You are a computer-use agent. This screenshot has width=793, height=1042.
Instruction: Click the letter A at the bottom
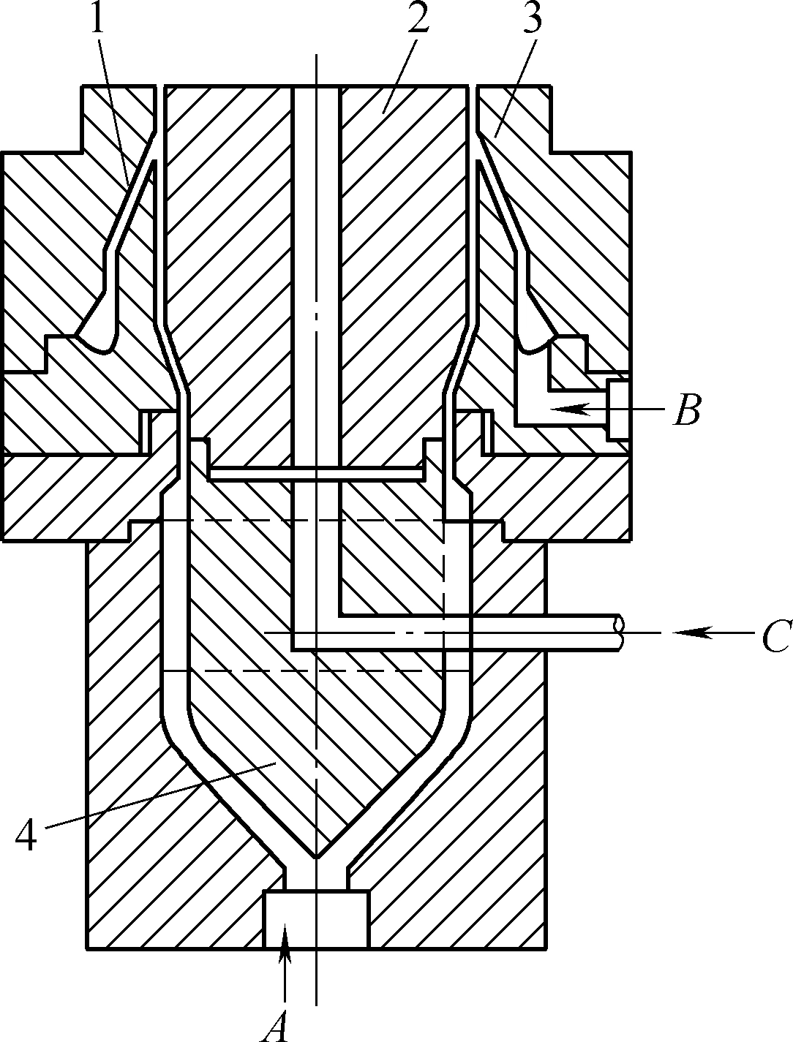coord(275,1025)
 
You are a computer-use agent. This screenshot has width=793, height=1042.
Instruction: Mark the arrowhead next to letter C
coord(694,633)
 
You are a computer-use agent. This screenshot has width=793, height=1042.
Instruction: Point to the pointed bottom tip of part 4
coord(316,857)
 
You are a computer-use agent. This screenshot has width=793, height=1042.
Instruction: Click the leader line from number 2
coord(400,75)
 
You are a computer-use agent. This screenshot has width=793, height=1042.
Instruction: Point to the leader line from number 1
coord(114,108)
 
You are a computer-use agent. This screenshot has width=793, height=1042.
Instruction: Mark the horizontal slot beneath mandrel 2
coord(316,473)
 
